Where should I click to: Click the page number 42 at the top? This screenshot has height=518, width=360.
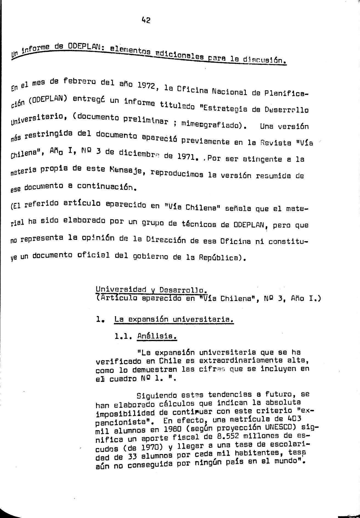click(x=146, y=20)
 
